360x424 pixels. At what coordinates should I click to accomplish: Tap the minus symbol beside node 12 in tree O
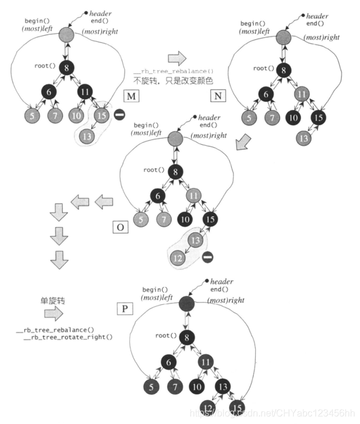(x=207, y=257)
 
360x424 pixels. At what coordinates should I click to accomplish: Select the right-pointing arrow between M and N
(x=177, y=58)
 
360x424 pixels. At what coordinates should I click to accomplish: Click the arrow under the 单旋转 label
(x=52, y=313)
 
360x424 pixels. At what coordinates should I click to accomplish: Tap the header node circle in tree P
(x=187, y=304)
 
